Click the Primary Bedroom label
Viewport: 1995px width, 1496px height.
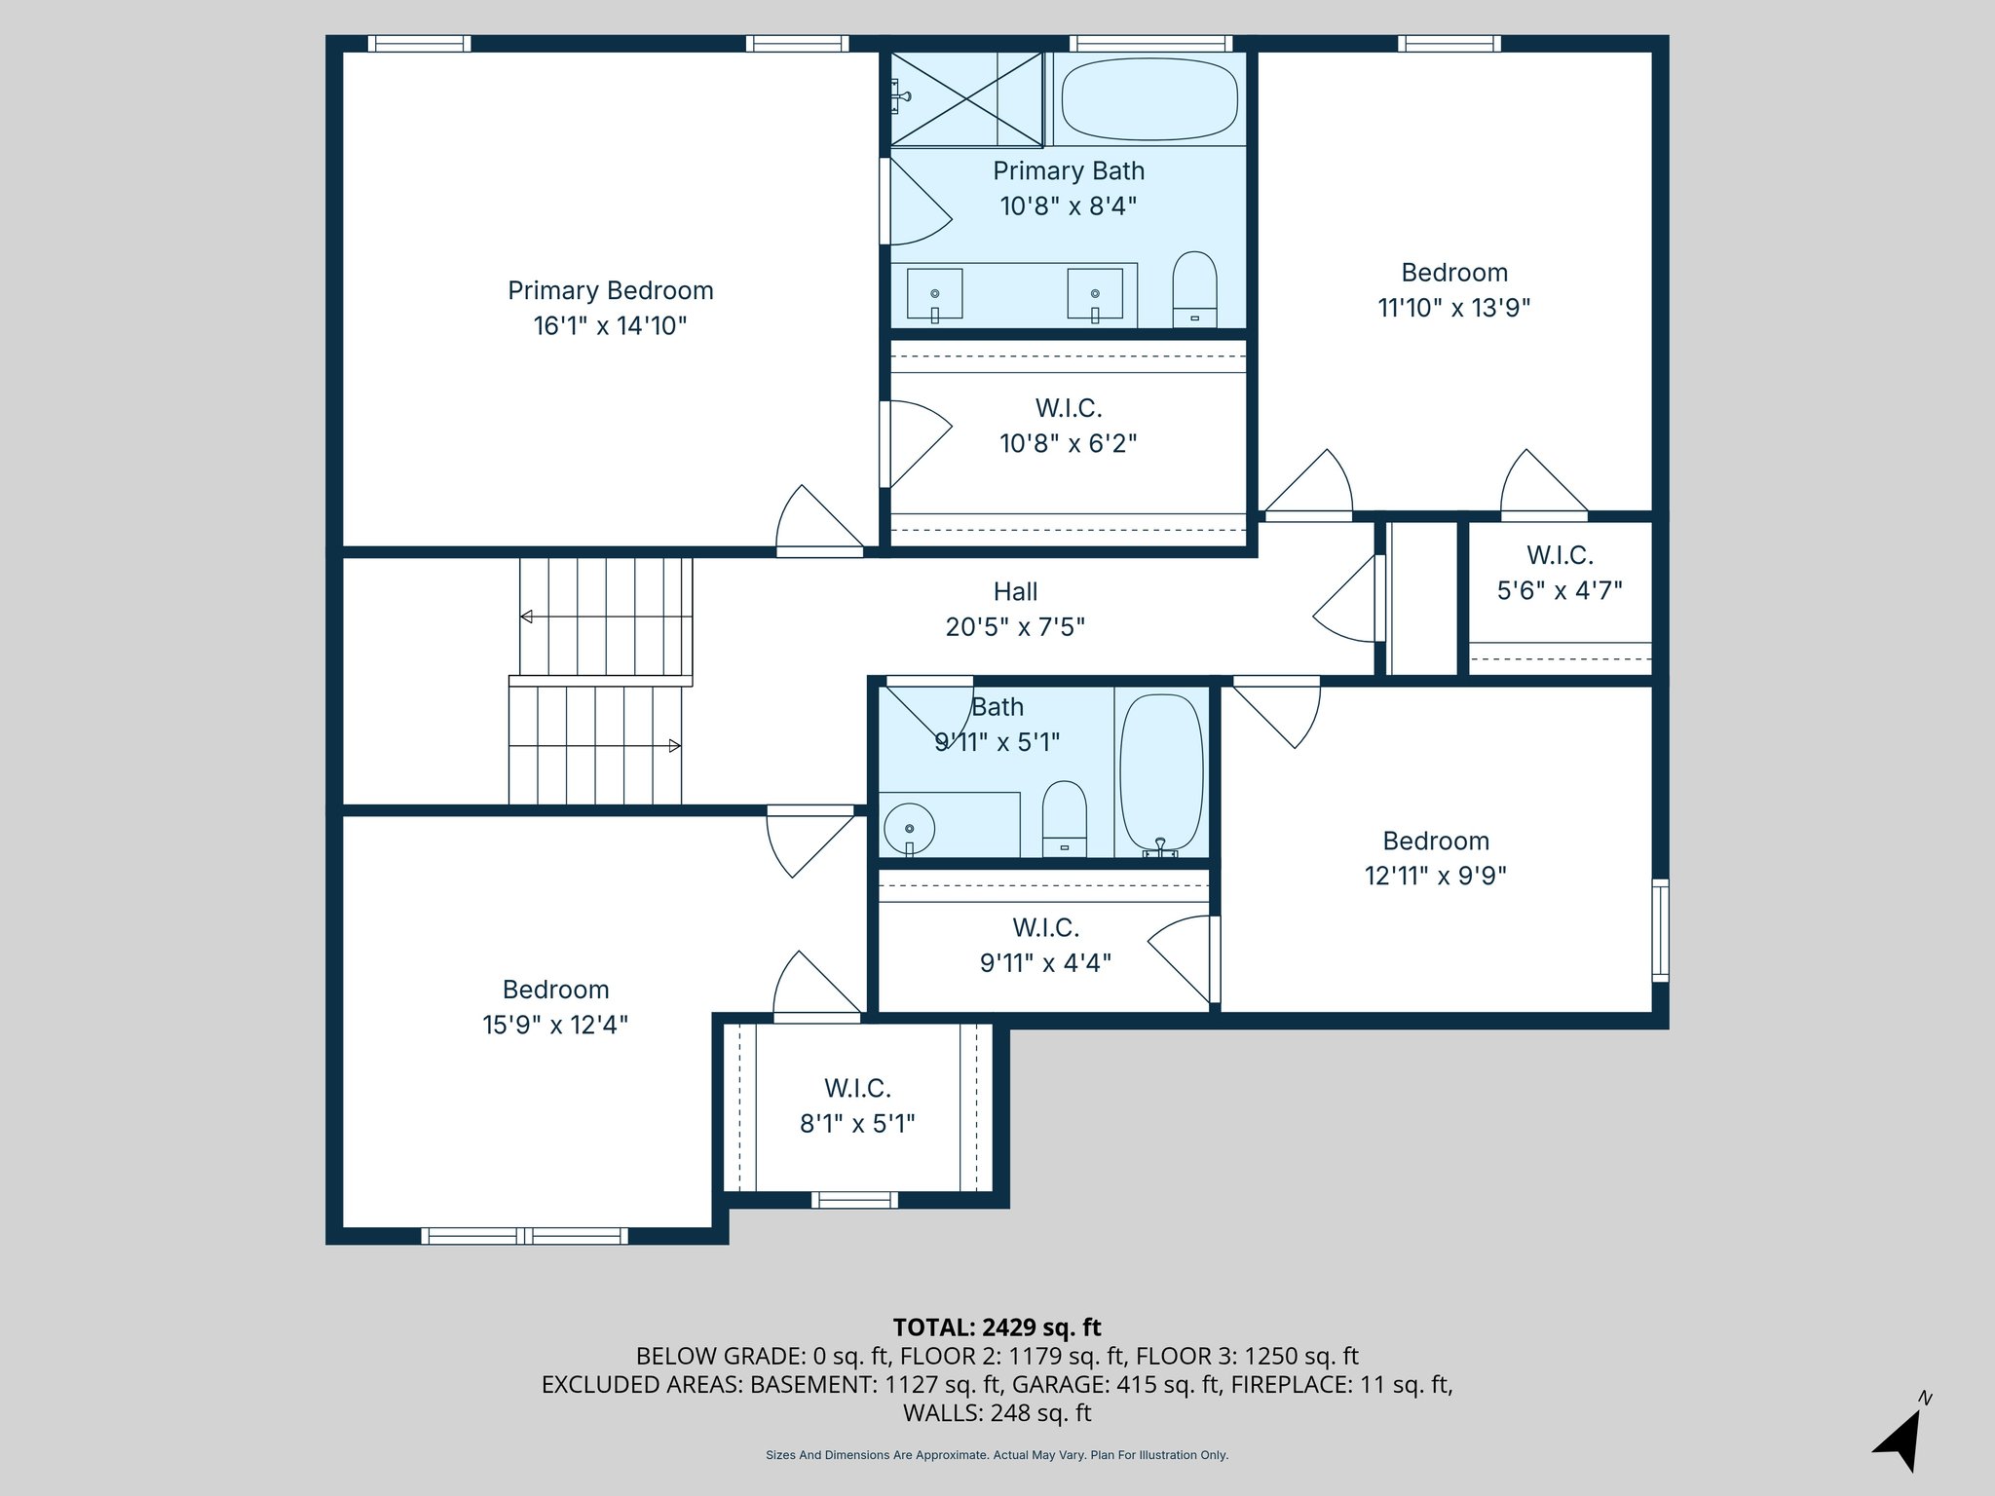pos(610,290)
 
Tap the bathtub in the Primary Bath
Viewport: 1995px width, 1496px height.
pos(1149,98)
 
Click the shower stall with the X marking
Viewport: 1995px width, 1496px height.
pos(966,99)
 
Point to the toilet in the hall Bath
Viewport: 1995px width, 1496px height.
pos(1064,818)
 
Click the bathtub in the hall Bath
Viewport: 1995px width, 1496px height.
pos(1161,772)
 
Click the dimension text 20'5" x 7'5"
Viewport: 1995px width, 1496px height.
pos(1015,626)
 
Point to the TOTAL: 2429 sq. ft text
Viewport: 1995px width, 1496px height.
pos(997,1328)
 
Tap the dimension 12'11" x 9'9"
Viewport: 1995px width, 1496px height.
pos(1435,876)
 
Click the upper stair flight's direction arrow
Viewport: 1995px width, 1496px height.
pos(527,617)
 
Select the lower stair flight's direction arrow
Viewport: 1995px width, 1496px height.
pos(673,746)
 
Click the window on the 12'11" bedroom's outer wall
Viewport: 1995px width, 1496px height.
pos(1660,929)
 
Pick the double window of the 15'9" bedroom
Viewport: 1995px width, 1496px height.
pos(525,1236)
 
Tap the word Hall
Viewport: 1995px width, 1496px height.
pos(1015,591)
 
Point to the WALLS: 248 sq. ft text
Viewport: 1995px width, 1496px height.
pos(997,1412)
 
